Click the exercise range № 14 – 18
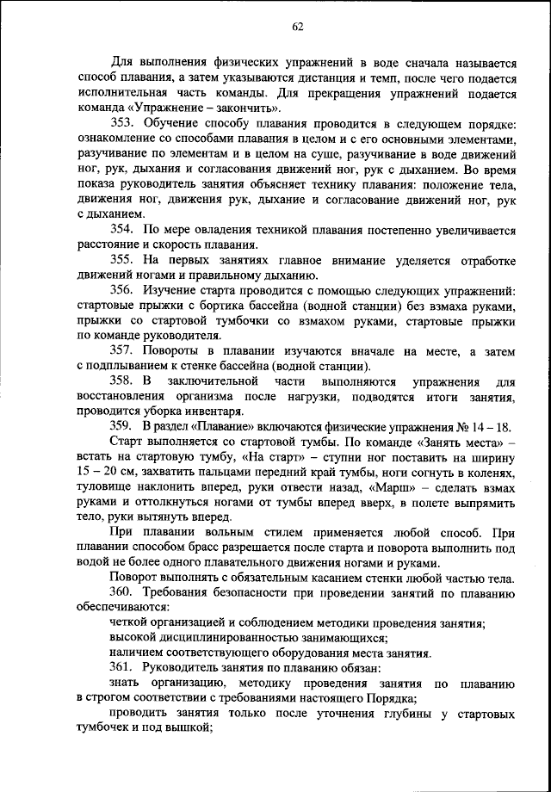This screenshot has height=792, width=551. pos(483,426)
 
